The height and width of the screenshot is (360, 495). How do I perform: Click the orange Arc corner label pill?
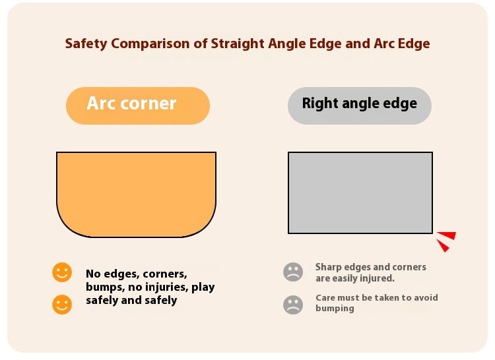(x=138, y=105)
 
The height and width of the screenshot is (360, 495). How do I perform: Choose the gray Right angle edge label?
(x=360, y=105)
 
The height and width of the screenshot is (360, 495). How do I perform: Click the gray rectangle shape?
(x=360, y=193)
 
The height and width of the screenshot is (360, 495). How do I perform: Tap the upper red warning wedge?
(x=447, y=235)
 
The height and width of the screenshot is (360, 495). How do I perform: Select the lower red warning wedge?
(x=444, y=245)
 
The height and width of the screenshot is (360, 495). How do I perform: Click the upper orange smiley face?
(x=62, y=272)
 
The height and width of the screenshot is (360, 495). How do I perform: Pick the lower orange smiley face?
(x=62, y=305)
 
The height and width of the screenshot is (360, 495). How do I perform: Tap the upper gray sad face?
(x=293, y=272)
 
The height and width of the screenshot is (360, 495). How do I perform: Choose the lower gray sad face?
(x=293, y=305)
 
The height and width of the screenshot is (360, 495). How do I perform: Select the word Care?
(x=325, y=297)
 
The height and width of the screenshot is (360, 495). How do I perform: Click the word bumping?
(x=335, y=309)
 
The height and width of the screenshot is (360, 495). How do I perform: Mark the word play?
(x=203, y=287)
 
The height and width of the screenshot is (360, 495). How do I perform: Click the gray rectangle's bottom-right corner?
(x=432, y=233)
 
